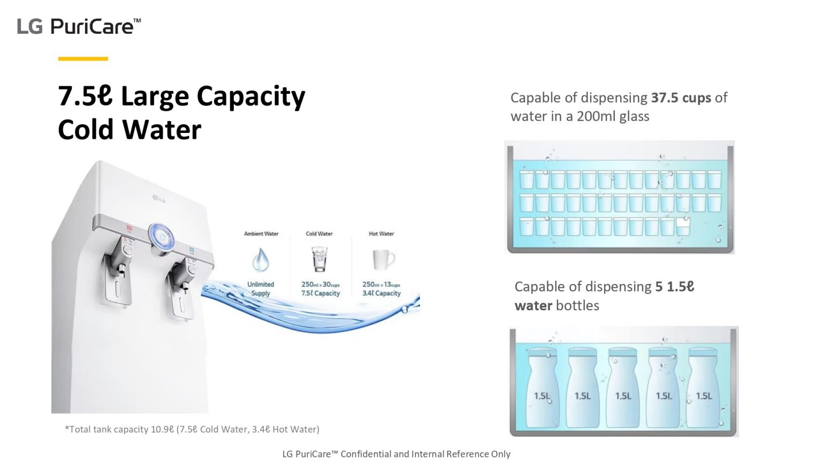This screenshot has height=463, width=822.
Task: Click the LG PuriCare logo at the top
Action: coord(79,26)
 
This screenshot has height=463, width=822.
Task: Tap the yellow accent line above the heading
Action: coord(83,58)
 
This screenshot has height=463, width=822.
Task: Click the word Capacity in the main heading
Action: coord(250,97)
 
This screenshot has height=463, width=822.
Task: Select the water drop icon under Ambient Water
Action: coord(261,259)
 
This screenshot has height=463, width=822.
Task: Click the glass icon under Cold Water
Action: coord(319,259)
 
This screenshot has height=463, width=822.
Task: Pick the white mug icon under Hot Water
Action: coord(383,260)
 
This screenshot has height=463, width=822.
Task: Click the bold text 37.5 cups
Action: coord(681,98)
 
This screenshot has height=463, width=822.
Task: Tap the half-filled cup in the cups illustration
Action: coord(683,227)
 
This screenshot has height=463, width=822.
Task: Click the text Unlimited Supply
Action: coord(261,289)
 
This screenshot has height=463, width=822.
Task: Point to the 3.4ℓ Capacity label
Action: coord(382,293)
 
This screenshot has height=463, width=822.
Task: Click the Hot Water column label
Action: coord(381,234)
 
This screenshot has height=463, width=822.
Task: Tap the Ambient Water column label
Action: coord(261,234)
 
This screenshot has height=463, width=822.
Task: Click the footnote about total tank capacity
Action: coord(192,429)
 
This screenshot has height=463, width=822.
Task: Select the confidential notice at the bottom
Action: coord(396,454)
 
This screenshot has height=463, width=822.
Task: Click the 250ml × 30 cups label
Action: coord(320,285)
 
